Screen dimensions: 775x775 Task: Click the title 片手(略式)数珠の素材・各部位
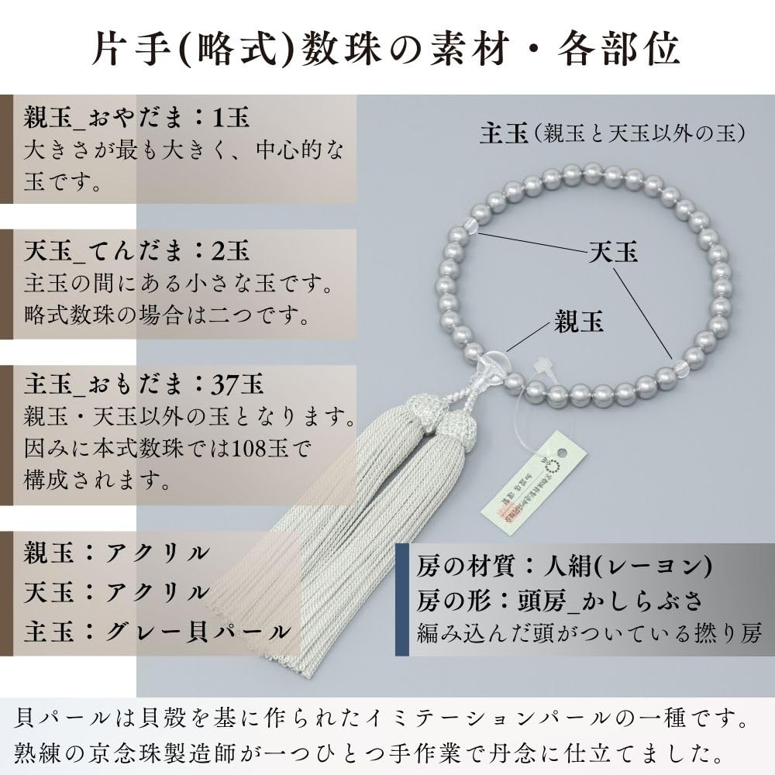coord(387,48)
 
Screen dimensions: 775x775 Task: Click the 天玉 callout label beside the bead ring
coord(613,253)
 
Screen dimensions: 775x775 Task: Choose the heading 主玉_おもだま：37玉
coord(144,383)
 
